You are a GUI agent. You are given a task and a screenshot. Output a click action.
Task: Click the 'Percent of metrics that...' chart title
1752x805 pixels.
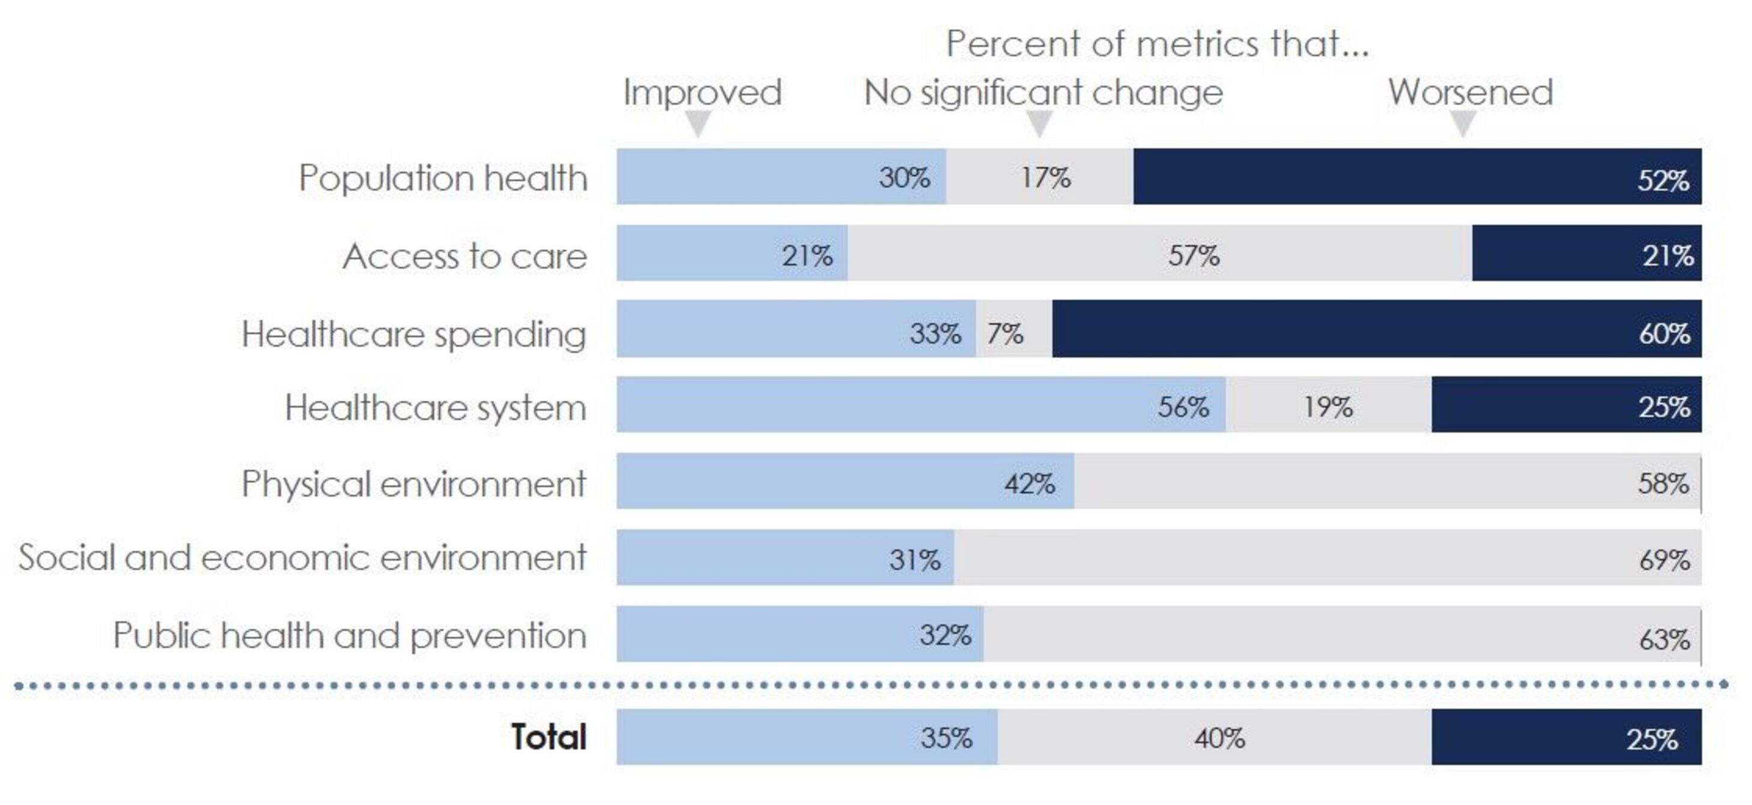coord(1157,44)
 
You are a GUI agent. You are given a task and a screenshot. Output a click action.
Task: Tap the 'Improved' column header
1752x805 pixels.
coord(702,92)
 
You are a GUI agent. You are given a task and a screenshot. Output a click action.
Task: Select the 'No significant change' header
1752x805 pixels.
coord(1043,92)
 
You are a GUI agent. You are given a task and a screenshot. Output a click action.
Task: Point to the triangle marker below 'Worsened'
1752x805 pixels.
coord(1462,124)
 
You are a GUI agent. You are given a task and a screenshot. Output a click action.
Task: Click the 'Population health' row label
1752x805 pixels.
coord(443,178)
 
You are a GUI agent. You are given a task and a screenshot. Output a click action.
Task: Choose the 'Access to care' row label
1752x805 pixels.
coord(464,256)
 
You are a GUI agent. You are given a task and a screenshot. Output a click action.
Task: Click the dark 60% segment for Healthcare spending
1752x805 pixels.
coord(1376,329)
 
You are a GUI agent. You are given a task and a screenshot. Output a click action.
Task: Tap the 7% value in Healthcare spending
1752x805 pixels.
coord(1005,334)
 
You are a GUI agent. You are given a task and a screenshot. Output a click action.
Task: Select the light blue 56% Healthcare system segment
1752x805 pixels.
coord(921,404)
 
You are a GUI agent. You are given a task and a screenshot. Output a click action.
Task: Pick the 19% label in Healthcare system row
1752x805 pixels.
coord(1328,407)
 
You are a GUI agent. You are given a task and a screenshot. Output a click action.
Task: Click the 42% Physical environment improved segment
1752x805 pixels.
coord(845,481)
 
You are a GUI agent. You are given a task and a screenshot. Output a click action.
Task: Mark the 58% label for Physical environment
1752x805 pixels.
coord(1663,484)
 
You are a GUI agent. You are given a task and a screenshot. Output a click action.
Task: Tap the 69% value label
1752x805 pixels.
coord(1664,560)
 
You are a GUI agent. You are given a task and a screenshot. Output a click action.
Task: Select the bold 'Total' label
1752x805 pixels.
coord(548,737)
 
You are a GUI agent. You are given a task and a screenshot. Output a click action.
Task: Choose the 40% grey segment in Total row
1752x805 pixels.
coord(1214,738)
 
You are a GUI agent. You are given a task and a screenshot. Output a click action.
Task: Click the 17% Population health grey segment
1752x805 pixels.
coord(1039,177)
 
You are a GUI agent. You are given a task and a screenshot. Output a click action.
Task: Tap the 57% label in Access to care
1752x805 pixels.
coord(1193,256)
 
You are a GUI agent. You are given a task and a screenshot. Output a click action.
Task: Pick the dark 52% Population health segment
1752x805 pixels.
coord(1417,177)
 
